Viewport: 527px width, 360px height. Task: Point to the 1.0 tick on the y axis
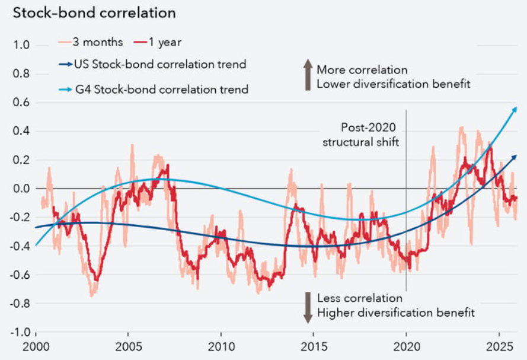(21, 46)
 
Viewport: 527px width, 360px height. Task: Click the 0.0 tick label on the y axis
(21, 189)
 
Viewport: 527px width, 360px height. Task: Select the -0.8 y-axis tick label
(20, 303)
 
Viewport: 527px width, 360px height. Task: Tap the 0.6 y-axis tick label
(21, 103)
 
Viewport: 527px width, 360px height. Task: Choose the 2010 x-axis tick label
(221, 346)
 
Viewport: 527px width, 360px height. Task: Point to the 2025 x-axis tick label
(499, 346)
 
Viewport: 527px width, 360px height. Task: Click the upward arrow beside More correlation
(308, 76)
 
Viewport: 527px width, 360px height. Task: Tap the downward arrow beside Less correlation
(308, 307)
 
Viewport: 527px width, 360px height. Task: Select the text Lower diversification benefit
(393, 84)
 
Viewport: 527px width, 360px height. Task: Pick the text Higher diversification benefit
(395, 312)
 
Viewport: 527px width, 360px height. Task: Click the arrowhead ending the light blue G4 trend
(515, 109)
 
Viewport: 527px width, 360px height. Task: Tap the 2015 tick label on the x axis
(314, 346)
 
